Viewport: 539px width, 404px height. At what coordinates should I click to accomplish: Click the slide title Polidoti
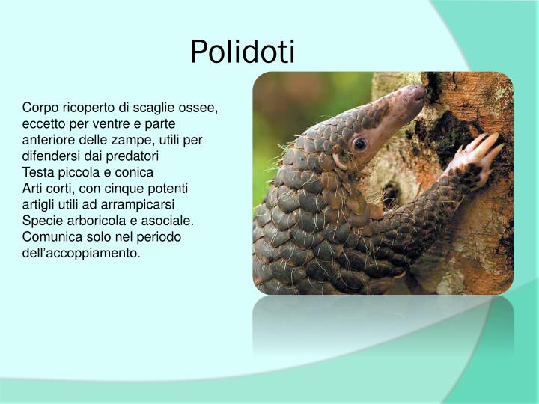243,52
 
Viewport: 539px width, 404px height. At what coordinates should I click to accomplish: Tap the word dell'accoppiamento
81,254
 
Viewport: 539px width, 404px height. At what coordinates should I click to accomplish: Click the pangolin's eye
360,143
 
